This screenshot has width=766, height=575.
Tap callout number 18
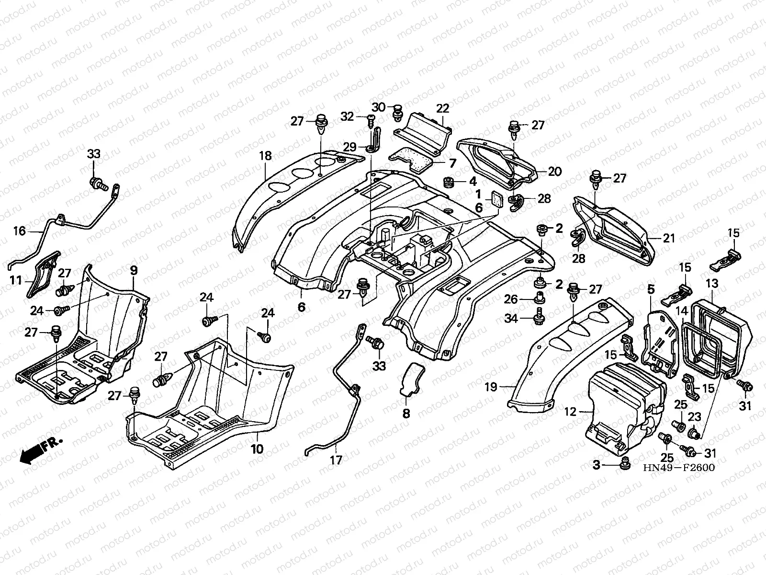pos(266,156)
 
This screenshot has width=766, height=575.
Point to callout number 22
pos(442,108)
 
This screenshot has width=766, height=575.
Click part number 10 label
pos(257,449)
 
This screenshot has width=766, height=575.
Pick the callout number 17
pos(336,460)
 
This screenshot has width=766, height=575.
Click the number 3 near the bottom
pos(597,465)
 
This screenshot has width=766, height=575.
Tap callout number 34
pos(512,318)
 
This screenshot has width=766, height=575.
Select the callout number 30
pos(379,107)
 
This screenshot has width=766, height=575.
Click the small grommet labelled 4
pos(449,183)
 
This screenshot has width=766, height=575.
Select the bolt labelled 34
pos(538,316)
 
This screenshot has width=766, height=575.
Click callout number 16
pos(19,231)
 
